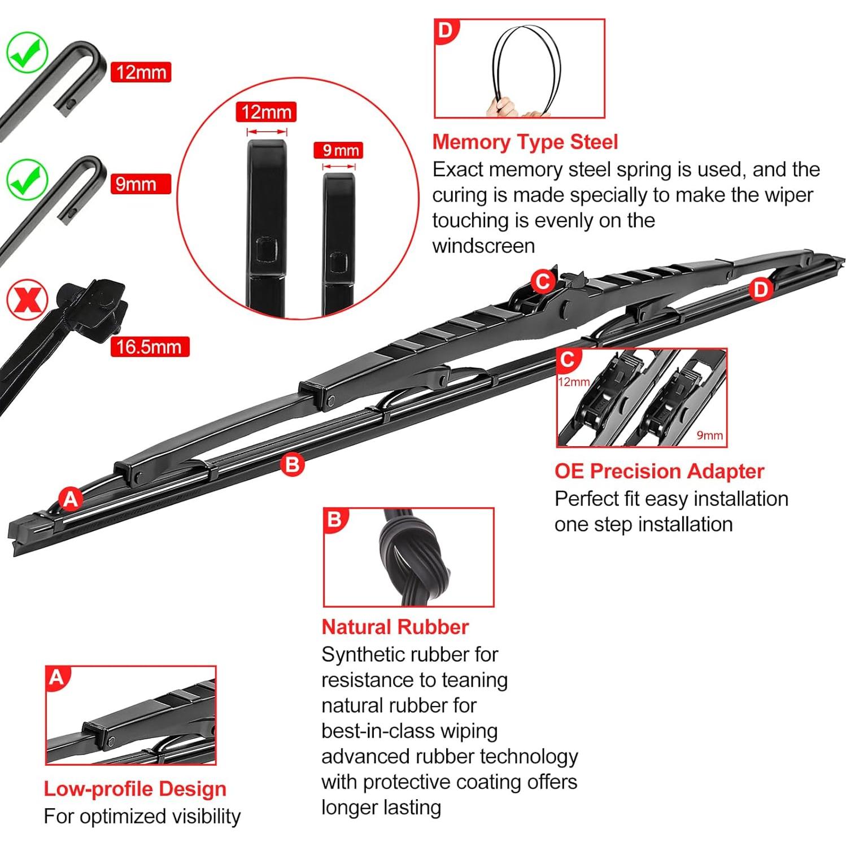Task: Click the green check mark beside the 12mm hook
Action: point(27,53)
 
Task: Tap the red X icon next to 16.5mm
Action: point(27,299)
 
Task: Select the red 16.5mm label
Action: point(149,346)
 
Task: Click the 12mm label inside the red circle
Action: point(266,112)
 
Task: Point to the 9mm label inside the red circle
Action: point(338,150)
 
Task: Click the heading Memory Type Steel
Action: point(525,142)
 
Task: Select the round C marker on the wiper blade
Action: point(543,281)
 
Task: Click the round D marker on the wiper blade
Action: point(761,289)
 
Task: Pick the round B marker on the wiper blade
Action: point(292,464)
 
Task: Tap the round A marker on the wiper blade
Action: point(71,499)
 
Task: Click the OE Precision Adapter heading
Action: point(659,471)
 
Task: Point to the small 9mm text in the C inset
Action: point(709,435)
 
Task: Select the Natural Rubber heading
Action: point(395,627)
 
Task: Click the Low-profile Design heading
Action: point(135,788)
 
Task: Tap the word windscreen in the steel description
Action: point(483,246)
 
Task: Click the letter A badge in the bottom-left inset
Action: point(56,677)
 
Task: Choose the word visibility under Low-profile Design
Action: point(199,816)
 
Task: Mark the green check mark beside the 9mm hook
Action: point(27,178)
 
